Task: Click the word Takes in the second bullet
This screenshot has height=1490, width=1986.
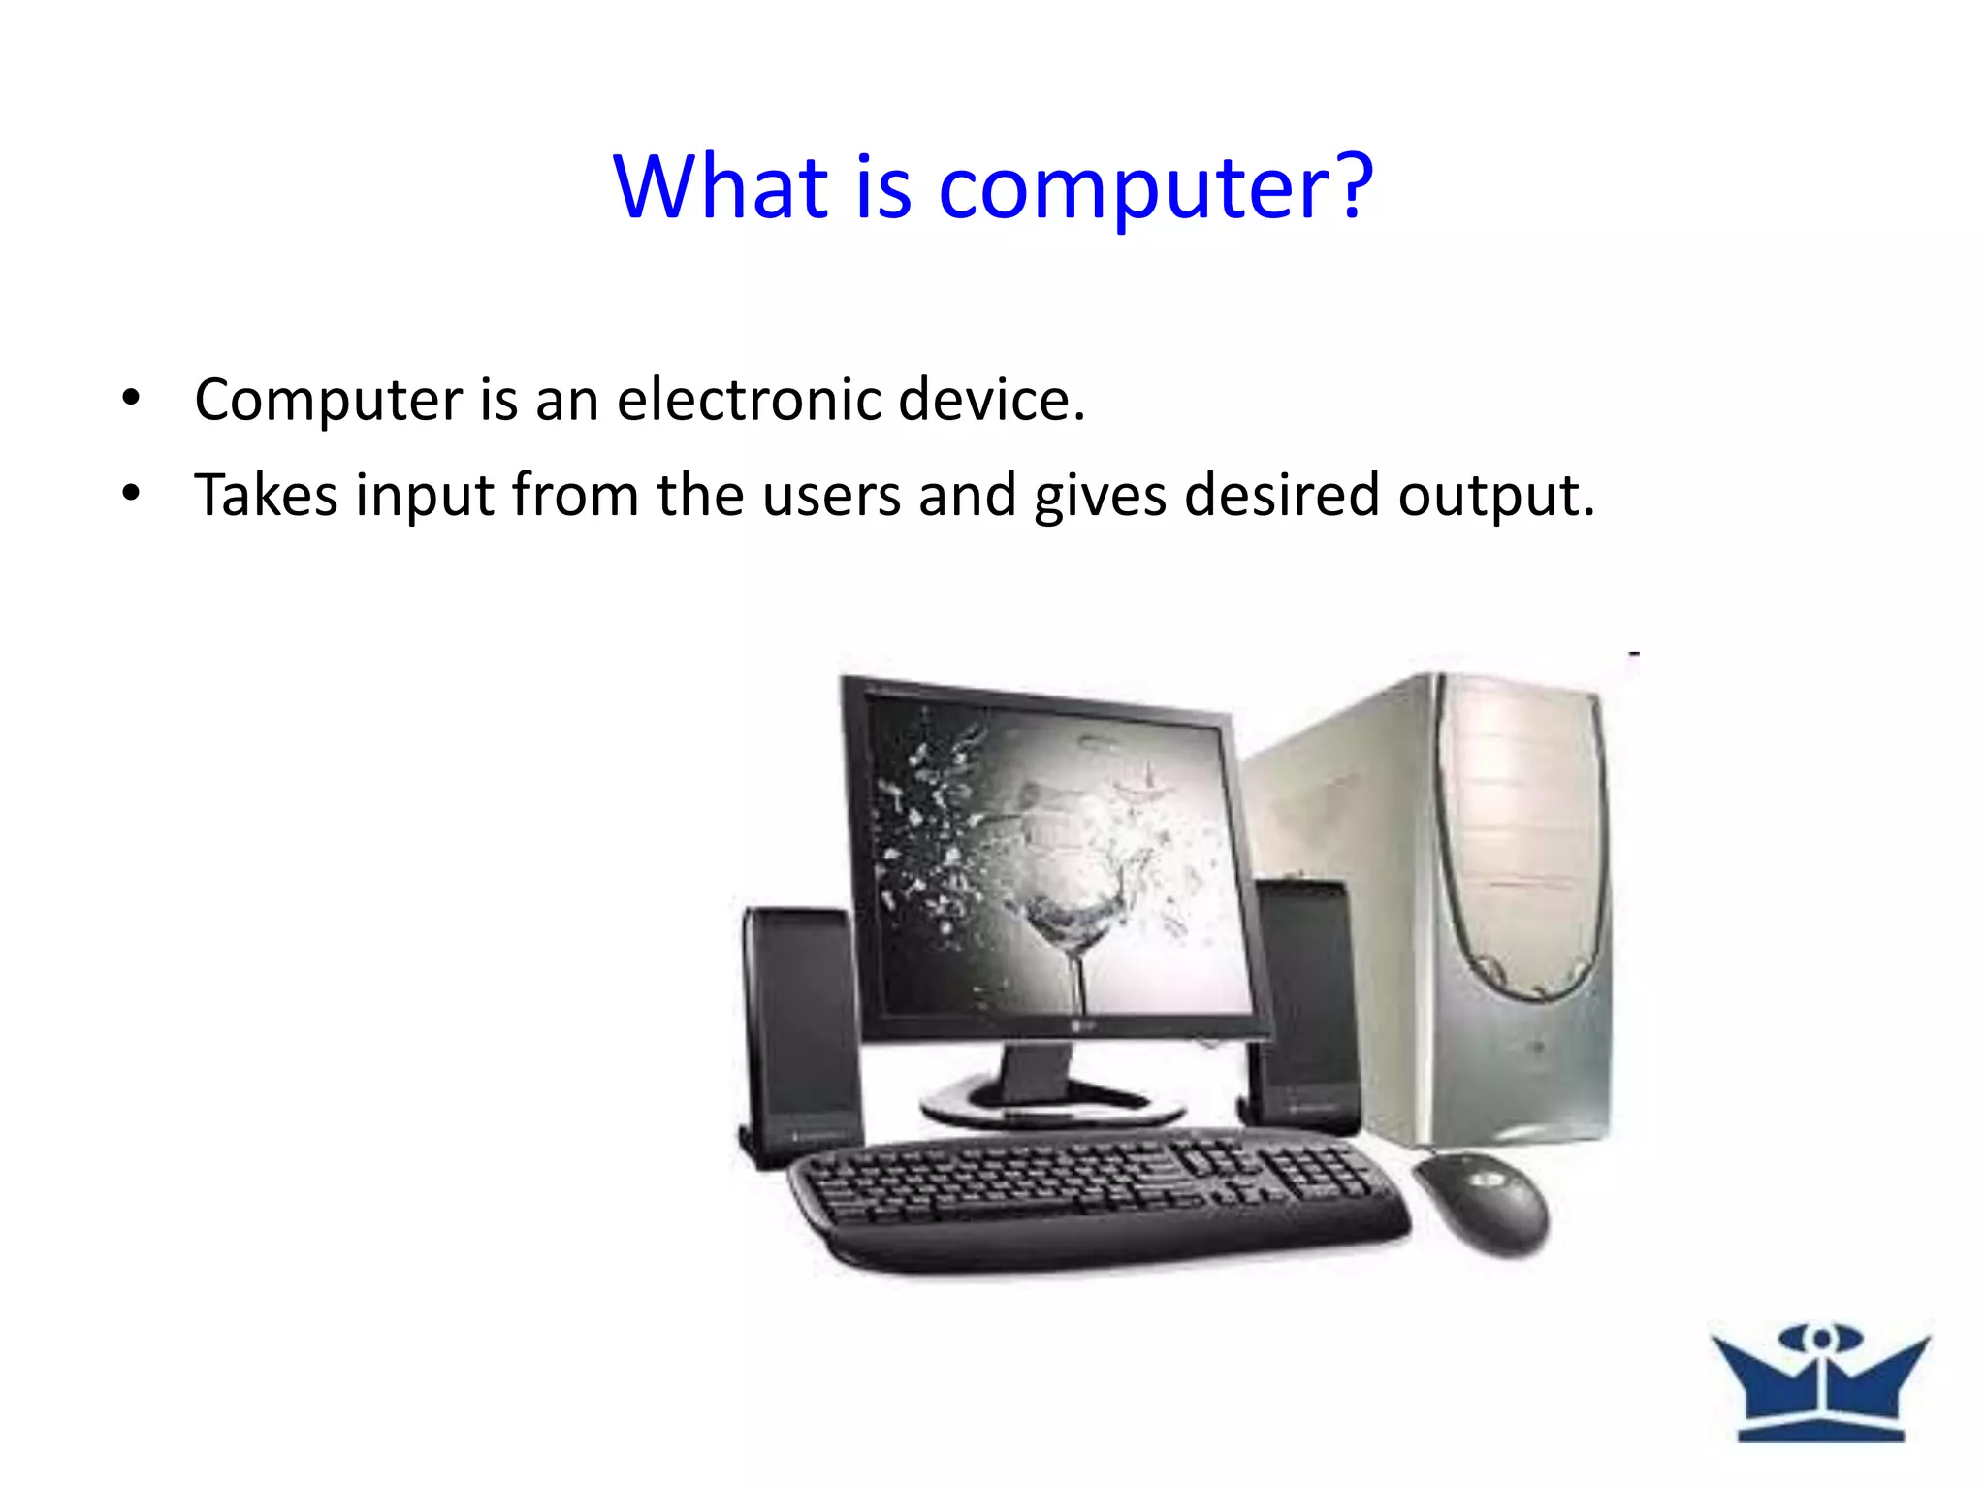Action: click(x=266, y=495)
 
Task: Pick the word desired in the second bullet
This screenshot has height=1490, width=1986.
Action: click(x=1281, y=495)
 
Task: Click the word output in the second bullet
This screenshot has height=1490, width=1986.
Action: click(x=1494, y=497)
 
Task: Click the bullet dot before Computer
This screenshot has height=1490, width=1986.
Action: click(x=132, y=397)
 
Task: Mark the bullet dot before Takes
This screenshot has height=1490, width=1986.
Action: click(x=132, y=493)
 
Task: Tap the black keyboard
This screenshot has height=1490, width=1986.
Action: click(x=1096, y=1198)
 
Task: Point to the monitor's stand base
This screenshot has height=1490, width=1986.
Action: click(x=1052, y=1106)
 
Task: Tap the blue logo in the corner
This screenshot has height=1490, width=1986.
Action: click(x=1821, y=1381)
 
